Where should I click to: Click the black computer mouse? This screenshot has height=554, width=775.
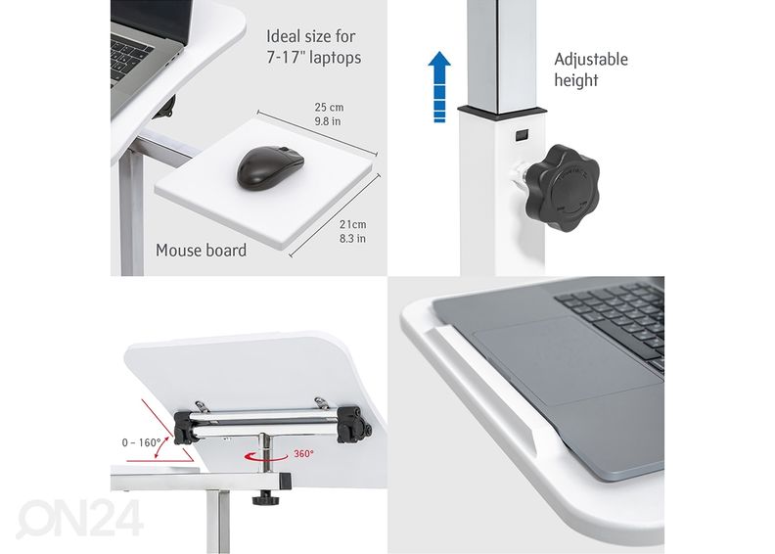click(270, 167)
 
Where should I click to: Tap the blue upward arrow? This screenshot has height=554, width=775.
click(439, 86)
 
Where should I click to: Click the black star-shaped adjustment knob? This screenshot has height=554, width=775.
click(562, 188)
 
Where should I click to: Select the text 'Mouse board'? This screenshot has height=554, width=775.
click(202, 250)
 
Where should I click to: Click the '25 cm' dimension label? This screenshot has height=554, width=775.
click(329, 107)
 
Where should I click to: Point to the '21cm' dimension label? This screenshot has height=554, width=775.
click(353, 224)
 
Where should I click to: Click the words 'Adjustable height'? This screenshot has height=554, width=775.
click(591, 69)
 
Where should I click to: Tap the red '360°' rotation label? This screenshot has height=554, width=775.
click(303, 454)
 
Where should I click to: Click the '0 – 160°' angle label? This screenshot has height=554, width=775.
click(141, 442)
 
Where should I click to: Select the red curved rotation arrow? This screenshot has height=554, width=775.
click(265, 457)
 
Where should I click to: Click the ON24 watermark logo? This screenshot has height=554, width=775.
click(79, 519)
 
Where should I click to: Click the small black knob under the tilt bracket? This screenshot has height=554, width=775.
click(265, 498)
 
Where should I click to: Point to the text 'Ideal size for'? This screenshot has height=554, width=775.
click(311, 36)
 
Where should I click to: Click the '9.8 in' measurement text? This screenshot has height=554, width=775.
click(328, 121)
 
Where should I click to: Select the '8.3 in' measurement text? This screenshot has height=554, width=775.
click(352, 239)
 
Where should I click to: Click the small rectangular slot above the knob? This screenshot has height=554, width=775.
click(522, 134)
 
